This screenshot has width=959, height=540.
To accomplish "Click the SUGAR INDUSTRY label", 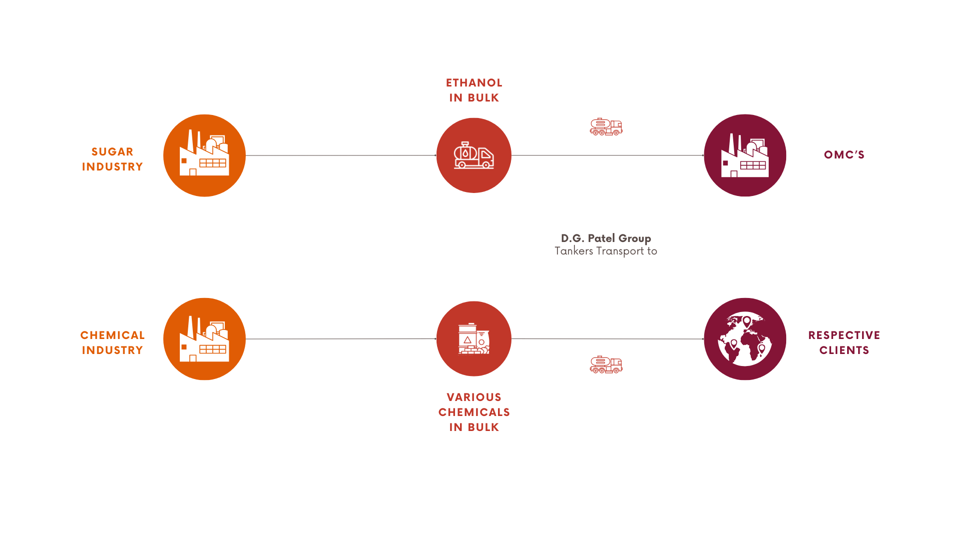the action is [x=112, y=159].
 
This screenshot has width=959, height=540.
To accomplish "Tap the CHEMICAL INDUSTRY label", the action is [x=112, y=342].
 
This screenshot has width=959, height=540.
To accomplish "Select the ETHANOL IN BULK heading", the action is [x=474, y=90].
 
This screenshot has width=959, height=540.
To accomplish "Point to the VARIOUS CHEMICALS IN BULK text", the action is [x=474, y=412].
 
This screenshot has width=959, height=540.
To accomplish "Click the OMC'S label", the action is [x=844, y=154].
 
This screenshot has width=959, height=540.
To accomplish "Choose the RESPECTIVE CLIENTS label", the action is [x=844, y=342].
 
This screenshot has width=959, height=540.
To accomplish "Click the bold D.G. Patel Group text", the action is [x=606, y=238].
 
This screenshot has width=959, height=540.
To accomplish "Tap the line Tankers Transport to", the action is [x=606, y=251].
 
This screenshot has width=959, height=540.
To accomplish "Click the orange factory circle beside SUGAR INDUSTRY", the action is [x=204, y=155].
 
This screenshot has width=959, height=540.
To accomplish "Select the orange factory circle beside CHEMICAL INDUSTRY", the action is [x=204, y=339].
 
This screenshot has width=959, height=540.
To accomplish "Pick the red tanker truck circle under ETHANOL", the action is [x=474, y=155].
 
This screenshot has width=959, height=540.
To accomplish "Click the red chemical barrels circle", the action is [x=474, y=338].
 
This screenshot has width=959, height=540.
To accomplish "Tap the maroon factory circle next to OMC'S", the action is [x=745, y=155].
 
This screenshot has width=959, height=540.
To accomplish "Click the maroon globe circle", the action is [x=745, y=339].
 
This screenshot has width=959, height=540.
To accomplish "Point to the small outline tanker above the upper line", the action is [x=606, y=127].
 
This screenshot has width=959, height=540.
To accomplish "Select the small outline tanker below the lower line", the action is [x=606, y=365].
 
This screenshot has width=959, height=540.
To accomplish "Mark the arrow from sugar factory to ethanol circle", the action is [x=341, y=155].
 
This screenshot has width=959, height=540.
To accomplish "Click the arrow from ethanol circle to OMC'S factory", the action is [x=608, y=155].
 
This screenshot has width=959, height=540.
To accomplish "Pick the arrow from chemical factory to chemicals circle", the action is [x=341, y=339].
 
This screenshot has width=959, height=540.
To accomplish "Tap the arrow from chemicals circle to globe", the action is [x=608, y=339].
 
